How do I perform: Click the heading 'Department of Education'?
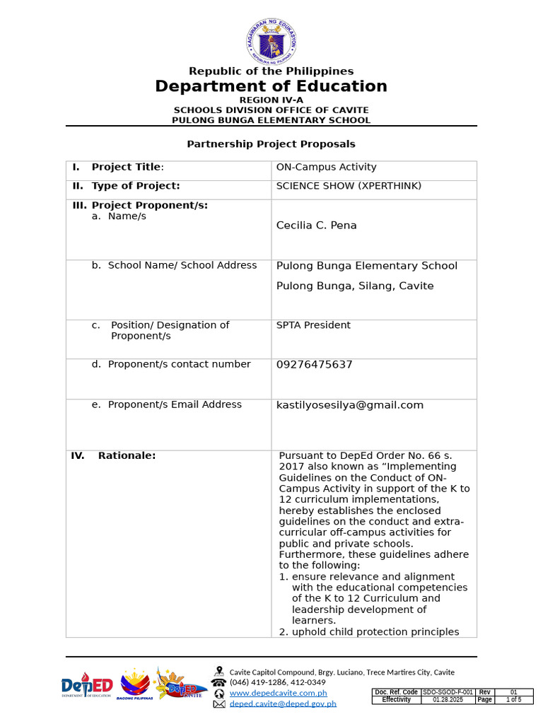point(271,86)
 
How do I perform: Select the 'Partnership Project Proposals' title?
point(271,144)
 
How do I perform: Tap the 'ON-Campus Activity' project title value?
point(326,168)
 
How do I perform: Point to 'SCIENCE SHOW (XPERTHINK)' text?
point(349,186)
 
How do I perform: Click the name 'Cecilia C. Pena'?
point(316,226)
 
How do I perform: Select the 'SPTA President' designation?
point(313,325)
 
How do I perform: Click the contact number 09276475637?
point(314,365)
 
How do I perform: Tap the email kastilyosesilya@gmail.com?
point(349,405)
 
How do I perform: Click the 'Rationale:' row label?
point(127,456)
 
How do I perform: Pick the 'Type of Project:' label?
point(135,186)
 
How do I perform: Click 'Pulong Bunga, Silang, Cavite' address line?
point(355,286)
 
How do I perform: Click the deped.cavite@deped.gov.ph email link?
point(283,703)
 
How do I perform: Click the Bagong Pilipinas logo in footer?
point(136,684)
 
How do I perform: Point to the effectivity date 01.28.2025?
point(445,700)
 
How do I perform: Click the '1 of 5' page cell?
point(513,700)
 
